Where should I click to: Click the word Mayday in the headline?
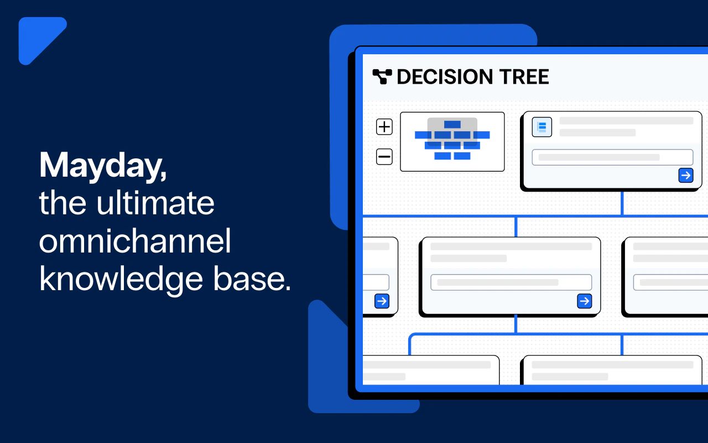point(101,166)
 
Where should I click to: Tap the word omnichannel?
point(135,241)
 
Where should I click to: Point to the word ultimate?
point(155,203)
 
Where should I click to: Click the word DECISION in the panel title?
point(445,77)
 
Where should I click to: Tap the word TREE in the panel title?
point(524,77)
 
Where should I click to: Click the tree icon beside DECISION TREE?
point(382,76)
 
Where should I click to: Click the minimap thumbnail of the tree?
point(452,142)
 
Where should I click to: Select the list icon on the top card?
point(542,127)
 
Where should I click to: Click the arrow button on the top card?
point(686,176)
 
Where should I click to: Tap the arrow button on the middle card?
point(585,301)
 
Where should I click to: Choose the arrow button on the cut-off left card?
point(382,301)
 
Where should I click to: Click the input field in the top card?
point(612,157)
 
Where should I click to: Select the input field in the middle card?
point(511,282)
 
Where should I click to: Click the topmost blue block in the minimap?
point(452,125)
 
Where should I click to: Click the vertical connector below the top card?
point(622,203)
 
